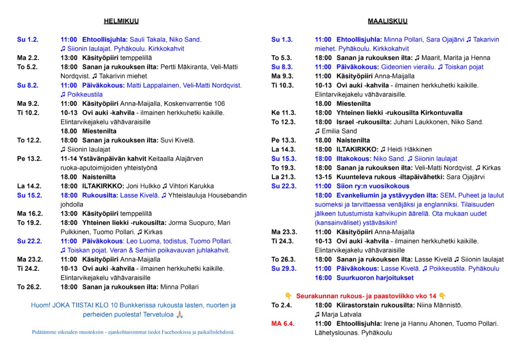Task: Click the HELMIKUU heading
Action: pos(121,21)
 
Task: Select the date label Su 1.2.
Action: pos(28,40)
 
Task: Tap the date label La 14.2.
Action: pos(29,186)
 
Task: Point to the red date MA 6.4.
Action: pos(283,324)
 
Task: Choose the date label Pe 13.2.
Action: pos(29,159)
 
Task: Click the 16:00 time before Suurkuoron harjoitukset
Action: pos(323,278)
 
